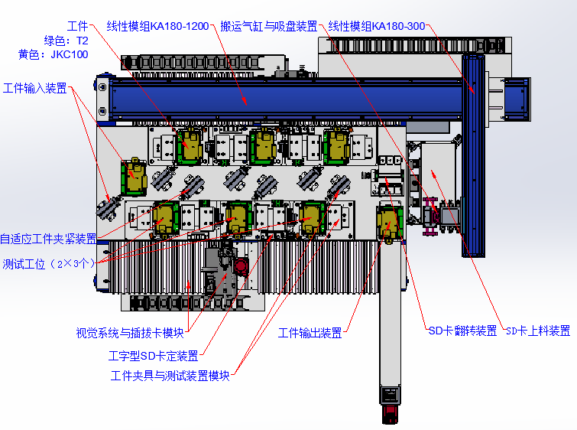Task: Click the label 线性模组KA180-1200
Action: (158, 26)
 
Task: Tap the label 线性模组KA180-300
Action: (377, 26)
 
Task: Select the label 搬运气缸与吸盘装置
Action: (269, 26)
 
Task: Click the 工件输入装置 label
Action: (35, 89)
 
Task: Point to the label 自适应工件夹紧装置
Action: (48, 239)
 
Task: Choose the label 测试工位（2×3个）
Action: (49, 264)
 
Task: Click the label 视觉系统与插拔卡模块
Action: (130, 333)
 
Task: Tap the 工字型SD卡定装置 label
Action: (154, 356)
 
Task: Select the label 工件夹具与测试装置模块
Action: (170, 376)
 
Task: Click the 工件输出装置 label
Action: (310, 333)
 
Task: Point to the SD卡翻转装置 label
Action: (463, 331)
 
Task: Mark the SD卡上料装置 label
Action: (538, 331)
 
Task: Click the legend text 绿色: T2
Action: (66, 41)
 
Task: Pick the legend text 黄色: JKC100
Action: (53, 54)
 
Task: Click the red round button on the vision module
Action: (241, 265)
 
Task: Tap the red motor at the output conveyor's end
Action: (390, 414)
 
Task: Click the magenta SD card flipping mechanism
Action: (430, 217)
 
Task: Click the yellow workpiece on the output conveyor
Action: (390, 223)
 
